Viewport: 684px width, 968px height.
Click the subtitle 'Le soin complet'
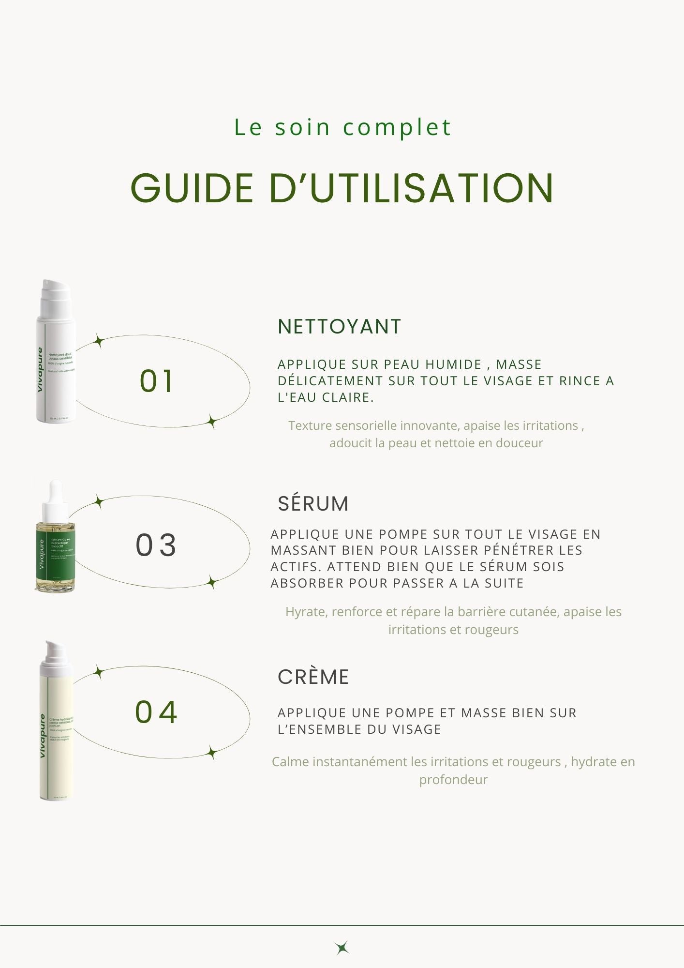(342, 128)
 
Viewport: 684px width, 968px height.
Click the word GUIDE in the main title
(192, 188)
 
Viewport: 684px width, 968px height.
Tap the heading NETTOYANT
(339, 327)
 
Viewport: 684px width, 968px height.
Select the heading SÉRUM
(313, 504)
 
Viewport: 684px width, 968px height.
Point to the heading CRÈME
(313, 677)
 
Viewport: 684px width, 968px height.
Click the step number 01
(156, 381)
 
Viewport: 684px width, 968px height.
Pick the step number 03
(156, 545)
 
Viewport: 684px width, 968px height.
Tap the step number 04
(156, 712)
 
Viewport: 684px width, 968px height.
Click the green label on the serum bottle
(55, 554)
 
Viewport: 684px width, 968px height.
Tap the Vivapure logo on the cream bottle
(43, 736)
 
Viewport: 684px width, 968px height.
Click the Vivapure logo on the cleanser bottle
(40, 370)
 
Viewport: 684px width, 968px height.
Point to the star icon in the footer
(342, 948)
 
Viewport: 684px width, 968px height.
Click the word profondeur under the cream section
(453, 780)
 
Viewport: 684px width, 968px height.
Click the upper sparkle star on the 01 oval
(99, 341)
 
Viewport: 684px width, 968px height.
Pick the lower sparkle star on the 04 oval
(211, 753)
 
